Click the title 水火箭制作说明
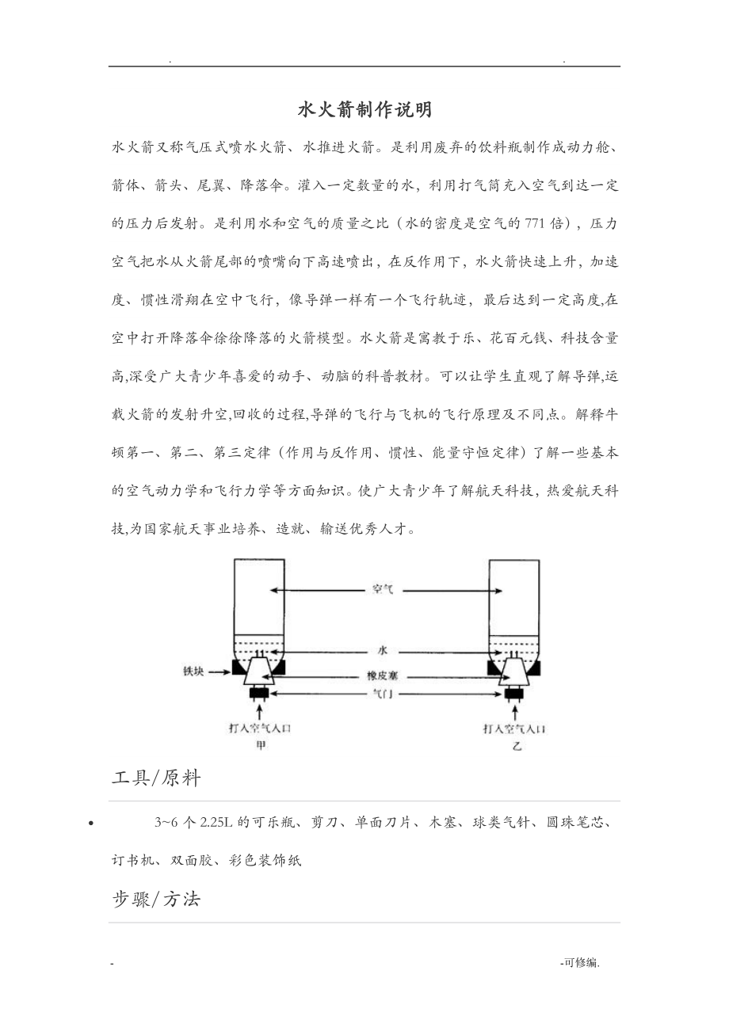[364, 110]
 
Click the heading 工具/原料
[156, 778]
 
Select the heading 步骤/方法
[156, 899]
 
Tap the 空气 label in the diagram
[383, 590]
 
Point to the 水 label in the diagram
[383, 650]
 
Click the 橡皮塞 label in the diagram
[382, 678]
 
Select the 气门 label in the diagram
[383, 694]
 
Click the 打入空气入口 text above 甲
[261, 729]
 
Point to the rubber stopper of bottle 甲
[260, 672]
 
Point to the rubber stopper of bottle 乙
[516, 672]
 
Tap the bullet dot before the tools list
[94, 824]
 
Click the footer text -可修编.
[579, 963]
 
